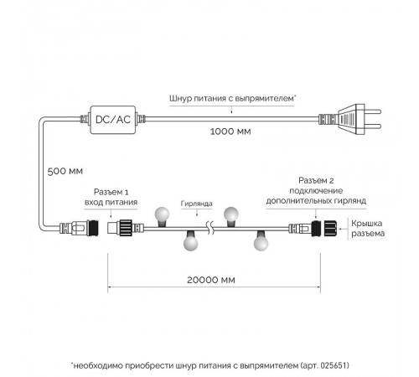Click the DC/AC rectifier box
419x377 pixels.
113,120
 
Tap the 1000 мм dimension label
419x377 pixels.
230,132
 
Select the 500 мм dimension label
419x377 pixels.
65,171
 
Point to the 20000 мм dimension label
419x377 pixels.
211,280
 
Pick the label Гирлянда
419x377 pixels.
197,204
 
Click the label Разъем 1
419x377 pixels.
111,192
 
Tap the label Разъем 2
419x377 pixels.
316,180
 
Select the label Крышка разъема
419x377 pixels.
368,229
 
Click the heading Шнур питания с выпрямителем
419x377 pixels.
231,98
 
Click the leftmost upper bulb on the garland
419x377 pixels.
162,216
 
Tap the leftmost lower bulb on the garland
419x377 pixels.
191,240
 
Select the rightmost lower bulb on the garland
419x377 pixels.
261,240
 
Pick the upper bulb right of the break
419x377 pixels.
231,216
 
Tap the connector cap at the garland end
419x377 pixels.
331,229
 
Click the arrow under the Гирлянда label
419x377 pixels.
197,213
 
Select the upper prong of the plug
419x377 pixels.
373,111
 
